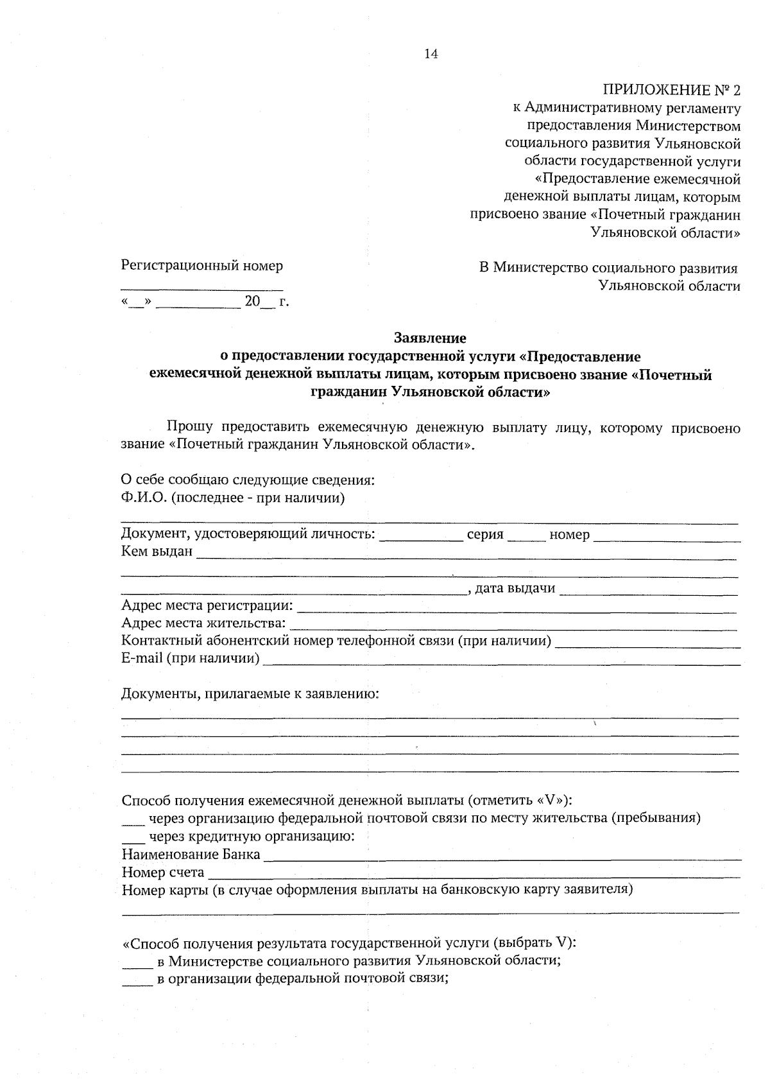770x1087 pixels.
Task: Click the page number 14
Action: pyautogui.click(x=431, y=55)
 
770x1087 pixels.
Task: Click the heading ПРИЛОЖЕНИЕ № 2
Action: pyautogui.click(x=671, y=89)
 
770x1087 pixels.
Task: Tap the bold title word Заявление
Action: pyautogui.click(x=430, y=337)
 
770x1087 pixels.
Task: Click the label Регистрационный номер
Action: pyautogui.click(x=202, y=265)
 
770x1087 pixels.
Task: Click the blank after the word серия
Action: pyautogui.click(x=526, y=538)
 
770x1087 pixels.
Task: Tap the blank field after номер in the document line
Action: pyautogui.click(x=667, y=538)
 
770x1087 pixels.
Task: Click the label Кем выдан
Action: pyautogui.click(x=157, y=552)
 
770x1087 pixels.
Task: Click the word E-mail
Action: pyautogui.click(x=141, y=658)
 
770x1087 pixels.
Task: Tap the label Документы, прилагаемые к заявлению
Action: pyautogui.click(x=250, y=693)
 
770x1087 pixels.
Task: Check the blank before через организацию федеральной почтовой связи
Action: pyautogui.click(x=133, y=821)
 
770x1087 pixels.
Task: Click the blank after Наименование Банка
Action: pyautogui.click(x=502, y=858)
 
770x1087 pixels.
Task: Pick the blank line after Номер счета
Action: pyautogui.click(x=475, y=875)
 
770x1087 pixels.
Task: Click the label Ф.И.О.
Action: pyautogui.click(x=143, y=498)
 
